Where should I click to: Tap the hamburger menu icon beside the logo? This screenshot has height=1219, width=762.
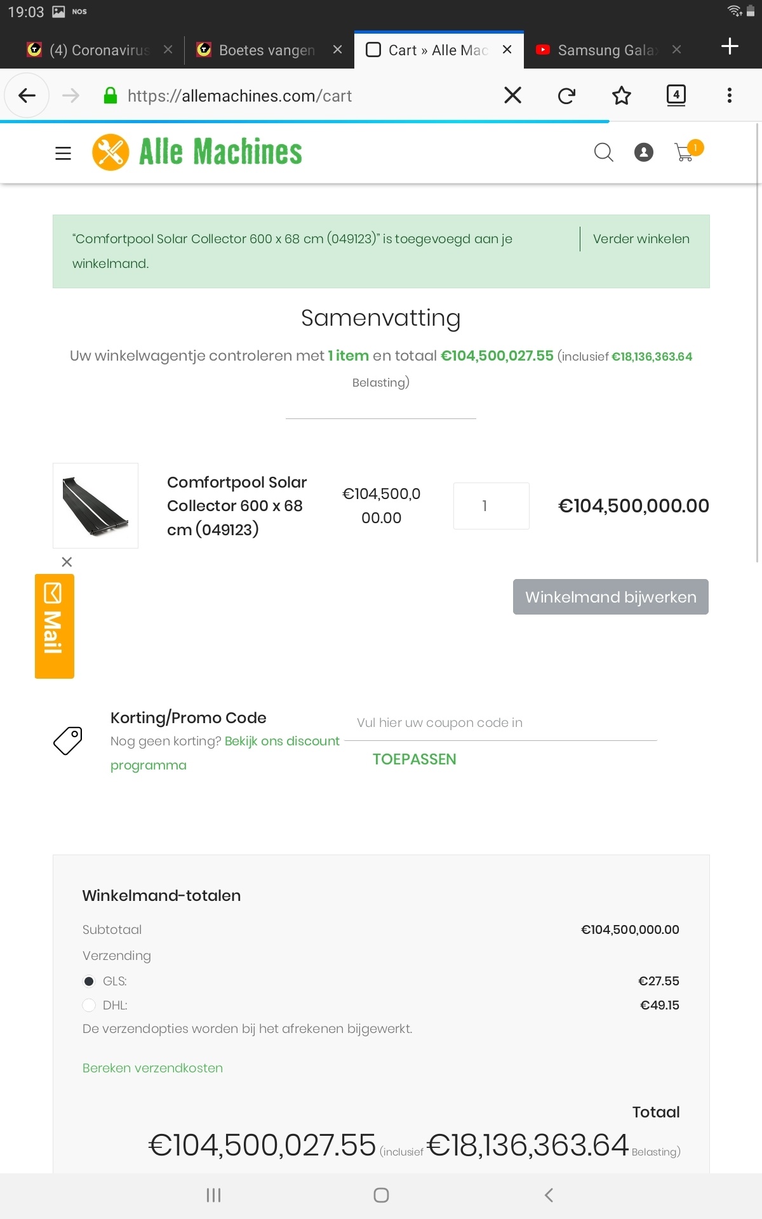click(63, 153)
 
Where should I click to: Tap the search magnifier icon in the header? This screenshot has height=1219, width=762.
click(603, 152)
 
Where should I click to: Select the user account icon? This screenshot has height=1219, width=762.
click(644, 152)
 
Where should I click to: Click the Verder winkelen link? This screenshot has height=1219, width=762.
click(641, 239)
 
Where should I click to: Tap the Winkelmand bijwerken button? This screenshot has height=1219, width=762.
click(610, 597)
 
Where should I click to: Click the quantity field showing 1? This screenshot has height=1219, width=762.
click(491, 506)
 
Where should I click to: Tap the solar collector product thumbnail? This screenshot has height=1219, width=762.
click(95, 506)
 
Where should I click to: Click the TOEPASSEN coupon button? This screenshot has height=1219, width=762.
click(414, 759)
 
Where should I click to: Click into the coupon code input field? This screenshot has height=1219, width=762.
click(506, 723)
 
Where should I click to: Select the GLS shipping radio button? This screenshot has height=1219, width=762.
click(90, 982)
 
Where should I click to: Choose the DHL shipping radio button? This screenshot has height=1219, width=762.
click(90, 1006)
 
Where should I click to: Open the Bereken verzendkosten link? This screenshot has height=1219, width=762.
click(152, 1069)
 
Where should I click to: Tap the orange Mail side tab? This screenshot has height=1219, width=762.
click(55, 626)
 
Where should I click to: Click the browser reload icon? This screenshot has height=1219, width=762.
click(566, 96)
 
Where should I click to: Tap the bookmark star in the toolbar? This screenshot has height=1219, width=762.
click(621, 96)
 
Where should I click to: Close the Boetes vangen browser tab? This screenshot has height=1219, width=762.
click(337, 50)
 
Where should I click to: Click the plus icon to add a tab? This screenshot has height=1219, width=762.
click(730, 46)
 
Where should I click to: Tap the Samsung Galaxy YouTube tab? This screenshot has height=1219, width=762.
click(603, 50)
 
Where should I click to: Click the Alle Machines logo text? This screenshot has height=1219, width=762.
click(220, 152)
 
